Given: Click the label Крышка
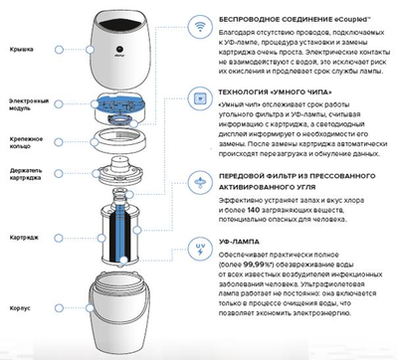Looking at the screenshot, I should click(23, 47).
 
